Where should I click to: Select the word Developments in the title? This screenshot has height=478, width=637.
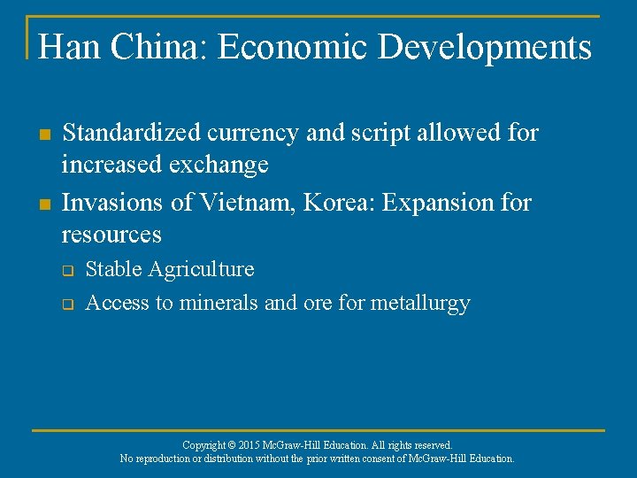click(485, 47)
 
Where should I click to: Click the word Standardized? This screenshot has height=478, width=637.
click(133, 134)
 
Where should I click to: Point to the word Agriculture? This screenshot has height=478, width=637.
click(200, 269)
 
